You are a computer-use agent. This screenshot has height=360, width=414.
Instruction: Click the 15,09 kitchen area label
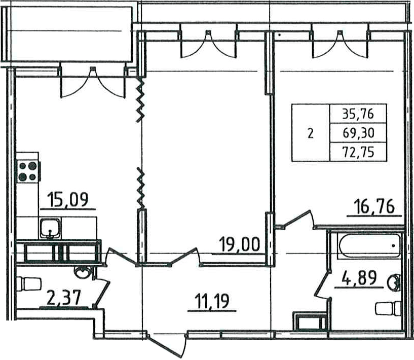click(x=68, y=200)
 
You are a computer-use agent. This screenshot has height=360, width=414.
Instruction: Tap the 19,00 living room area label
click(x=240, y=244)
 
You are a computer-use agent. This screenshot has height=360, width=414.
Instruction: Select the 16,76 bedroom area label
click(x=374, y=206)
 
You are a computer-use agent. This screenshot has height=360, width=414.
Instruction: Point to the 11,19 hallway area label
click(x=212, y=301)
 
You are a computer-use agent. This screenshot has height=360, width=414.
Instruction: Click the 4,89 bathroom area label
click(x=359, y=278)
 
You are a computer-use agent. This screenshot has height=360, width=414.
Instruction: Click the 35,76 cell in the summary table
click(x=358, y=114)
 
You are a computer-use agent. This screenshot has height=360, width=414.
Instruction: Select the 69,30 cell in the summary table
click(x=358, y=133)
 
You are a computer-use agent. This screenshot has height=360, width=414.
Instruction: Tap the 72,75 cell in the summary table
click(x=358, y=152)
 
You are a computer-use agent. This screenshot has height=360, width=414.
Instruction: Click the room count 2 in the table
click(x=311, y=133)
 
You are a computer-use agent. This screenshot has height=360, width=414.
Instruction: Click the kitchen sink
click(x=50, y=229)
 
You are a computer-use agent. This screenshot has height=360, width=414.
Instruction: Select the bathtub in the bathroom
click(x=369, y=245)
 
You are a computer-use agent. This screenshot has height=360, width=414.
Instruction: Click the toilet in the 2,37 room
click(x=29, y=284)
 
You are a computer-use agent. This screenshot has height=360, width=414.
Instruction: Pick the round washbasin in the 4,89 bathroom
click(x=394, y=282)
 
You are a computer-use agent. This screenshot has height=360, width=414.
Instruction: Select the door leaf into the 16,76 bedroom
click(x=297, y=219)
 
